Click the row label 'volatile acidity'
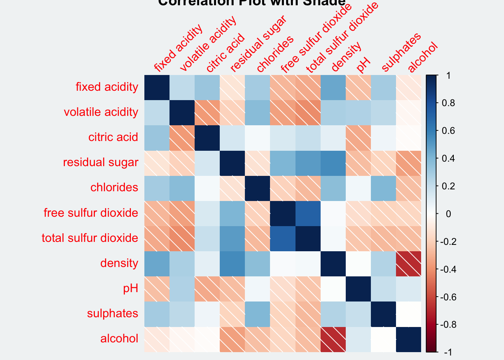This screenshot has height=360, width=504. pyautogui.click(x=101, y=112)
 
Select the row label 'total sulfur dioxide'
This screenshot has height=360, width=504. pyautogui.click(x=90, y=238)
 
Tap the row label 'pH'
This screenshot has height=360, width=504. pyautogui.click(x=130, y=288)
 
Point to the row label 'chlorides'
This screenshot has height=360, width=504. pyautogui.click(x=114, y=187)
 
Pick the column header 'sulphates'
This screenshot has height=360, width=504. pyautogui.click(x=401, y=52)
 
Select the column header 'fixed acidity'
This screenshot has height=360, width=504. pyautogui.click(x=178, y=48)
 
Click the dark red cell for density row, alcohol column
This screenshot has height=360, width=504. pyautogui.click(x=408, y=263)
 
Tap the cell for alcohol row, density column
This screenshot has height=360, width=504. pyautogui.click(x=333, y=339)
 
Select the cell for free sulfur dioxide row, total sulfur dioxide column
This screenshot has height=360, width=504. pyautogui.click(x=308, y=213)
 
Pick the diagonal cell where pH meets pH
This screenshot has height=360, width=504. pyautogui.click(x=358, y=288)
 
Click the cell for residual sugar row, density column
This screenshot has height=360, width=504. pyautogui.click(x=333, y=163)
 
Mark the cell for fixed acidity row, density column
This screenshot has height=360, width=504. pyautogui.click(x=333, y=87)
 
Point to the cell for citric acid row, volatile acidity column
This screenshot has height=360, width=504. pyautogui.click(x=182, y=138)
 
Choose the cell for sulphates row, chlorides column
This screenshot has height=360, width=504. pyautogui.click(x=258, y=314)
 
